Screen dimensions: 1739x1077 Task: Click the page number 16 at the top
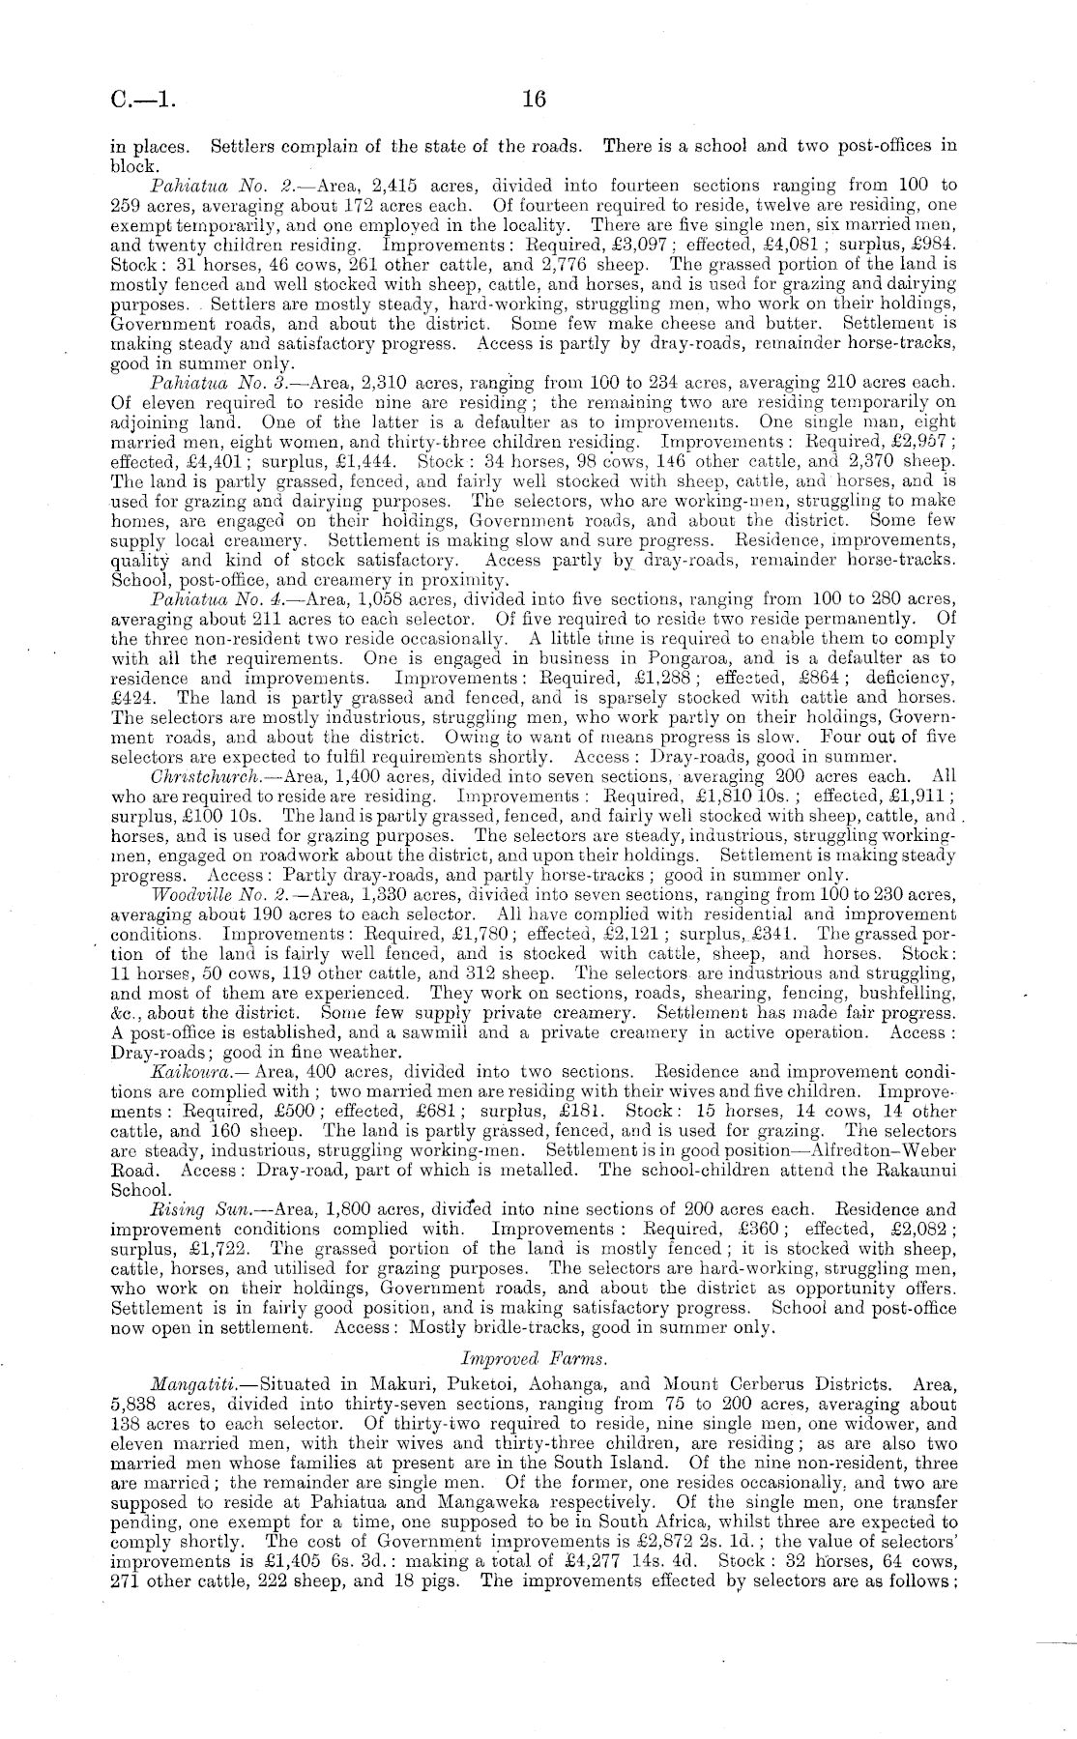(x=534, y=99)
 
